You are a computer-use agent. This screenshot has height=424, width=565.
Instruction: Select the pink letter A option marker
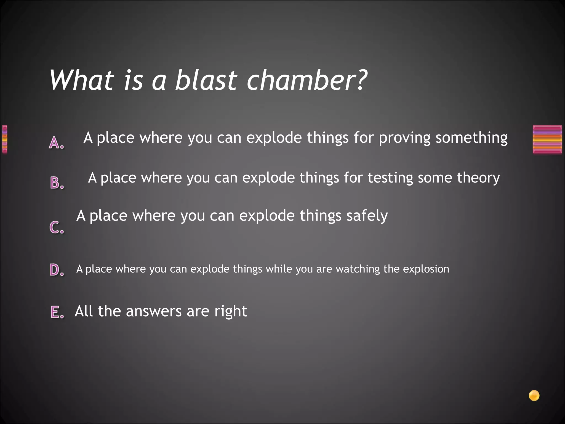coord(56,143)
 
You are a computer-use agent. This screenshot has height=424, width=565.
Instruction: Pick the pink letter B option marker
coord(57,183)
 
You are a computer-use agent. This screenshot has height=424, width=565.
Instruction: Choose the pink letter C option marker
coord(57,227)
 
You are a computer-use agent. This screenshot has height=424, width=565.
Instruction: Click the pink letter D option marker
coord(57,270)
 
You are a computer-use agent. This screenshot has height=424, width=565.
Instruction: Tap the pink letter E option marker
coord(57,312)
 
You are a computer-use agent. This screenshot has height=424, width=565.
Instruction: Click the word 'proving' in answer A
coord(404,138)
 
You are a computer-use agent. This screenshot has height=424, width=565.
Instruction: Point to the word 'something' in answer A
coord(471,138)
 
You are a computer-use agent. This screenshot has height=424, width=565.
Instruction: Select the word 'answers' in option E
coord(154,312)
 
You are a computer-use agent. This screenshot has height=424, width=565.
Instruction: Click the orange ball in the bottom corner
coord(534,396)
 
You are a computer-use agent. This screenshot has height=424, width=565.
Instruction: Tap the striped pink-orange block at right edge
coord(547,139)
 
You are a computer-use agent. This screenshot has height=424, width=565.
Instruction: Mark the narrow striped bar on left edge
coord(5,139)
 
